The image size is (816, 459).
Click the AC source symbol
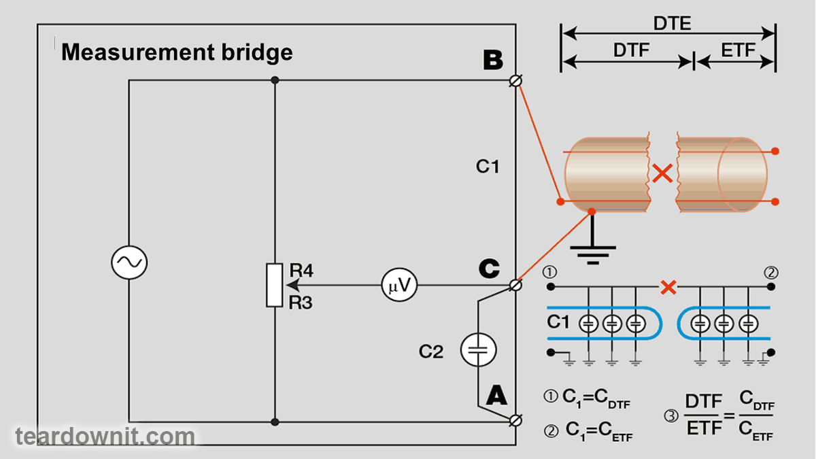pos(129,262)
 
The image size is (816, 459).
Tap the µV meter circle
pos(398,286)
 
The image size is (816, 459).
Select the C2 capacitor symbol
pos(479,351)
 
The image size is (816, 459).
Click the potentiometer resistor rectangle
pos(275,284)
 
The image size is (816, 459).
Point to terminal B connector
pos(516,81)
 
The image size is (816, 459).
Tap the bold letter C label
pos(488,269)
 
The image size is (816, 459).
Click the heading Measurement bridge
pos(177,52)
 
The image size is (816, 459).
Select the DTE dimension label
pos(672,23)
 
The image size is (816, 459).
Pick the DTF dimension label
pos(631,50)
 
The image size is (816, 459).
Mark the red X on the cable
pos(662,174)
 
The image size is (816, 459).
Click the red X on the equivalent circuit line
pos(669,287)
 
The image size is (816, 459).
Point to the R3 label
pos(301,303)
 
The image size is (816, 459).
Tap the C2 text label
pos(431,352)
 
